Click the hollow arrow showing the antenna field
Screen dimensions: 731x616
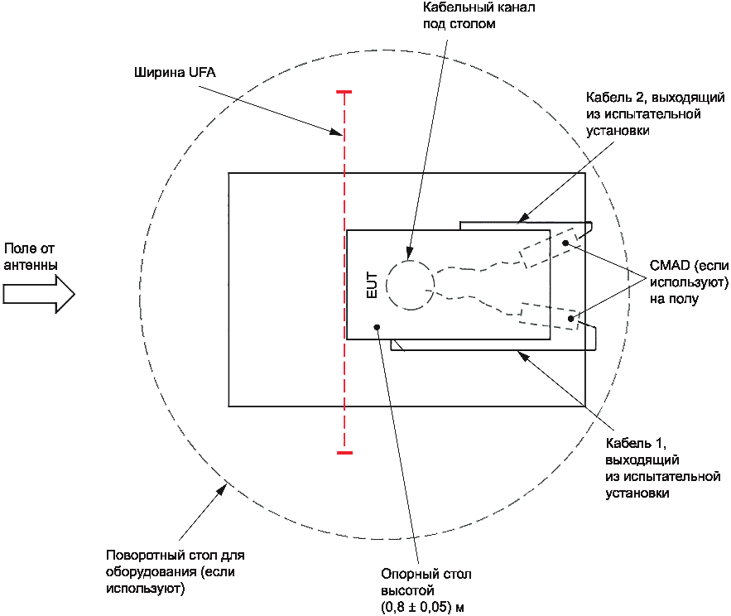click(39, 294)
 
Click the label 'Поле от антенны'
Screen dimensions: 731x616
click(31, 257)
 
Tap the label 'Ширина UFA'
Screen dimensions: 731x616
click(175, 72)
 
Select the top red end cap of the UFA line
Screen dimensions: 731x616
click(344, 93)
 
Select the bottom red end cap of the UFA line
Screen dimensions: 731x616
click(344, 452)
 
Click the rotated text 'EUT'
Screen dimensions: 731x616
click(372, 285)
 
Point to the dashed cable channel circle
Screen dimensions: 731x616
click(411, 285)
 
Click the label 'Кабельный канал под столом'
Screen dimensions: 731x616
click(479, 16)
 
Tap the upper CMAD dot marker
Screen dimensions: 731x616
click(565, 243)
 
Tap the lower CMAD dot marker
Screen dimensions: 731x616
click(570, 319)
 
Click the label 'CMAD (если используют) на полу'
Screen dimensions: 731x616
click(689, 282)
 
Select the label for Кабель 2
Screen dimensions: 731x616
click(655, 113)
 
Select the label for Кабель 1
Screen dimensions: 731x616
click(662, 468)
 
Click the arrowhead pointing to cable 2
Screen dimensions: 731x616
click(523, 218)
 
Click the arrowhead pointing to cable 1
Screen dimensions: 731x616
click(523, 356)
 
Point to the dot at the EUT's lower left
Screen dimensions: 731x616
click(378, 327)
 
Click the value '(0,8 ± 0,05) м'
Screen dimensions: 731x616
click(422, 607)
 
